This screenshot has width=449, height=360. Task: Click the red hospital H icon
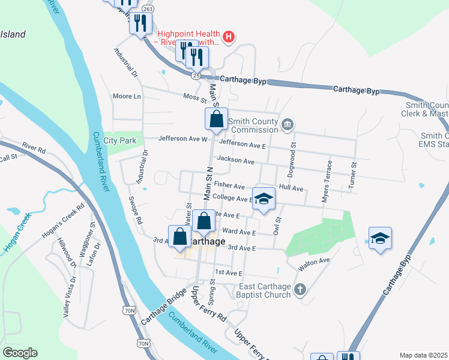pos(228,37)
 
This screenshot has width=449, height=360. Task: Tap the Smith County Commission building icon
pos(288,124)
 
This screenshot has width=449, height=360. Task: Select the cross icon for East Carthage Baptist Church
pos(300,291)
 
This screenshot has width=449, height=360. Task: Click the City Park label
pos(120,140)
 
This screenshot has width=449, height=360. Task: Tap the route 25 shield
pos(196,76)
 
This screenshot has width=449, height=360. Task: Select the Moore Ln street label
pos(127,96)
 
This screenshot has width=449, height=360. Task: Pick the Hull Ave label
pos(291,188)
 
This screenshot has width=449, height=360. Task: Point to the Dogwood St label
pos(294,153)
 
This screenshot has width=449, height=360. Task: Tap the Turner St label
pos(354,173)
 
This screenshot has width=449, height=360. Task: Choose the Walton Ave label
pos(316,260)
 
